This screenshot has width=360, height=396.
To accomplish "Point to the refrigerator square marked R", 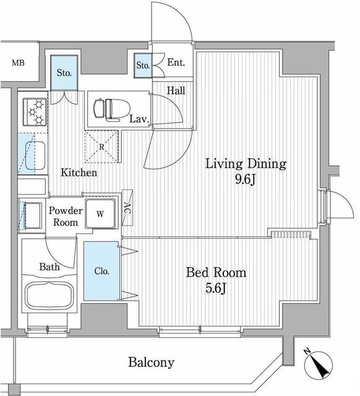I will coord(101,147).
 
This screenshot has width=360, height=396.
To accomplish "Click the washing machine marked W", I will coord(100,215).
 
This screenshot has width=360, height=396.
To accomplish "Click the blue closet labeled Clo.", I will coord(100,271).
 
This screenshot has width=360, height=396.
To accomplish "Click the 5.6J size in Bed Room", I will coord(216,290).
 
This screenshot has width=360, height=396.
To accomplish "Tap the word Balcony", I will coord(151,363).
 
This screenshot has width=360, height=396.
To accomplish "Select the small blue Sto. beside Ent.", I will coord(142,65).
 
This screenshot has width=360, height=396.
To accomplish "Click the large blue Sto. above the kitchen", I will coord(64,72).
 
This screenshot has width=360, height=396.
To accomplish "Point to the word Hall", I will coord(176,90).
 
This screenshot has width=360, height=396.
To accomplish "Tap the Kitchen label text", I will coord(78,173).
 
